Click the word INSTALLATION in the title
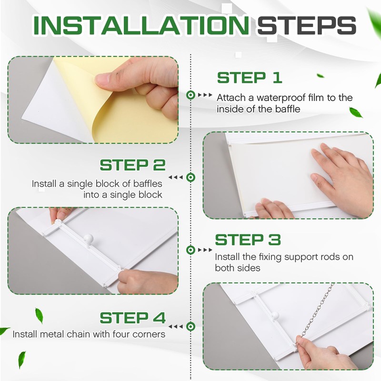point(140,25)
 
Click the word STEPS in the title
point(307,25)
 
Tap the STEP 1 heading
point(249,78)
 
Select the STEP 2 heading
point(133,165)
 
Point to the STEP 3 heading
point(248,240)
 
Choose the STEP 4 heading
point(133,318)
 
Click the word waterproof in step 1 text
point(281,98)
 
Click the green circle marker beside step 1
point(191,95)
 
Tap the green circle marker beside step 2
point(191,177)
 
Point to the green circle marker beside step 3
point(191,250)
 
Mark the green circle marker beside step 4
point(191,326)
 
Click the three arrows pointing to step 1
point(205,95)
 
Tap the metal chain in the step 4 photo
point(316,313)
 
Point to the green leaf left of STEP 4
point(39,316)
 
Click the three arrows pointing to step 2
point(176,177)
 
